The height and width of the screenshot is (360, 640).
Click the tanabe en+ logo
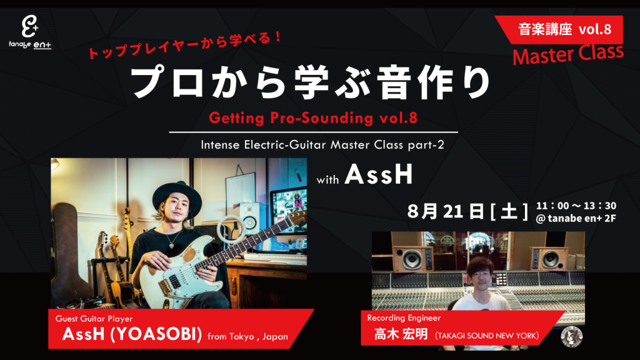coord(30,32)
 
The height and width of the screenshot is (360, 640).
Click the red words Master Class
coord(567,55)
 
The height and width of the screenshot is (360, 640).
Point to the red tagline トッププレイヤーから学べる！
coord(184,46)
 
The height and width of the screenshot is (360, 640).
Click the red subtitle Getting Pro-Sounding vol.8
coord(313,118)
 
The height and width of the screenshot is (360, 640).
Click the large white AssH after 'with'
coord(379,175)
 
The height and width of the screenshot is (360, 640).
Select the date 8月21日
coord(446,211)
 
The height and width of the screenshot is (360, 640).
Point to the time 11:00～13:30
coord(576,206)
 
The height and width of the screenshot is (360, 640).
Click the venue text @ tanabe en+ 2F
coord(576,218)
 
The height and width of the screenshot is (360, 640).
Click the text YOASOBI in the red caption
coord(156,334)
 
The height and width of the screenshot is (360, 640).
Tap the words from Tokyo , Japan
coord(247,337)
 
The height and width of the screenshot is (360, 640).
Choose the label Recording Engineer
coord(404,318)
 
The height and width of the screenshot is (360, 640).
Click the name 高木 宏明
coord(401,335)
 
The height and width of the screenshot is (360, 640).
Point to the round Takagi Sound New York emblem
coord(571,337)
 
